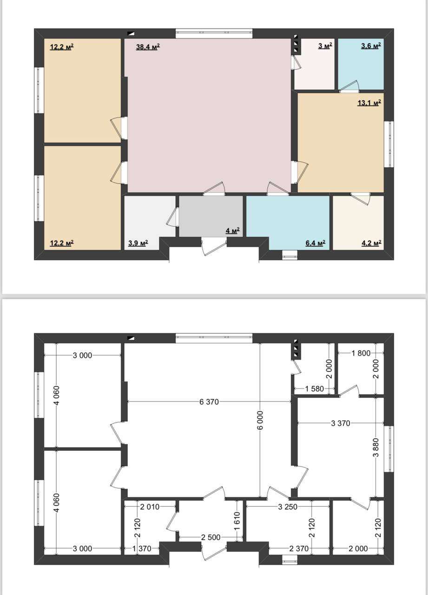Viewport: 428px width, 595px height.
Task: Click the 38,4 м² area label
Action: pyautogui.click(x=148, y=47)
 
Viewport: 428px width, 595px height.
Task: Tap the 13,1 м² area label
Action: pyautogui.click(x=369, y=103)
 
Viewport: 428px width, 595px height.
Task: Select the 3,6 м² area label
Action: pyautogui.click(x=371, y=46)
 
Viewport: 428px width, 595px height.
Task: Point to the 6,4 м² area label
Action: pyautogui.click(x=316, y=243)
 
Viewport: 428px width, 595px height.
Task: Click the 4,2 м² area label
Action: pyautogui.click(x=372, y=243)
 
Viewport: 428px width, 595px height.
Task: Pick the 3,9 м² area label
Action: pyautogui.click(x=138, y=243)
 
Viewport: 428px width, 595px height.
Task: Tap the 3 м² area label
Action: pyautogui.click(x=325, y=46)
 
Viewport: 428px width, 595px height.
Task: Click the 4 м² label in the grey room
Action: pyautogui.click(x=233, y=231)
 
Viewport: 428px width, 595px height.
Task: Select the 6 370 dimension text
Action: pyautogui.click(x=209, y=402)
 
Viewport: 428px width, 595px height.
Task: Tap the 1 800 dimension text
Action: pyautogui.click(x=361, y=353)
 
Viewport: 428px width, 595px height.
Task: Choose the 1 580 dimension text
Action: pyautogui.click(x=315, y=389)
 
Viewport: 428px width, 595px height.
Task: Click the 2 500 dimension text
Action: pyautogui.click(x=211, y=537)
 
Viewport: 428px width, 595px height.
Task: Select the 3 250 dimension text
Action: pyautogui.click(x=288, y=507)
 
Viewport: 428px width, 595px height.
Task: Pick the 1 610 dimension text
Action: pyautogui.click(x=237, y=521)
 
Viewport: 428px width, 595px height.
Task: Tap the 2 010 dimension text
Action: pyautogui.click(x=150, y=507)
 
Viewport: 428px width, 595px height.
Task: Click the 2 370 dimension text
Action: pyautogui.click(x=299, y=548)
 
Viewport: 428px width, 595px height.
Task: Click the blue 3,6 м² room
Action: pyautogui.click(x=361, y=64)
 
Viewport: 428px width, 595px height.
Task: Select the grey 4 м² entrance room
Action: pyautogui.click(x=211, y=216)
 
